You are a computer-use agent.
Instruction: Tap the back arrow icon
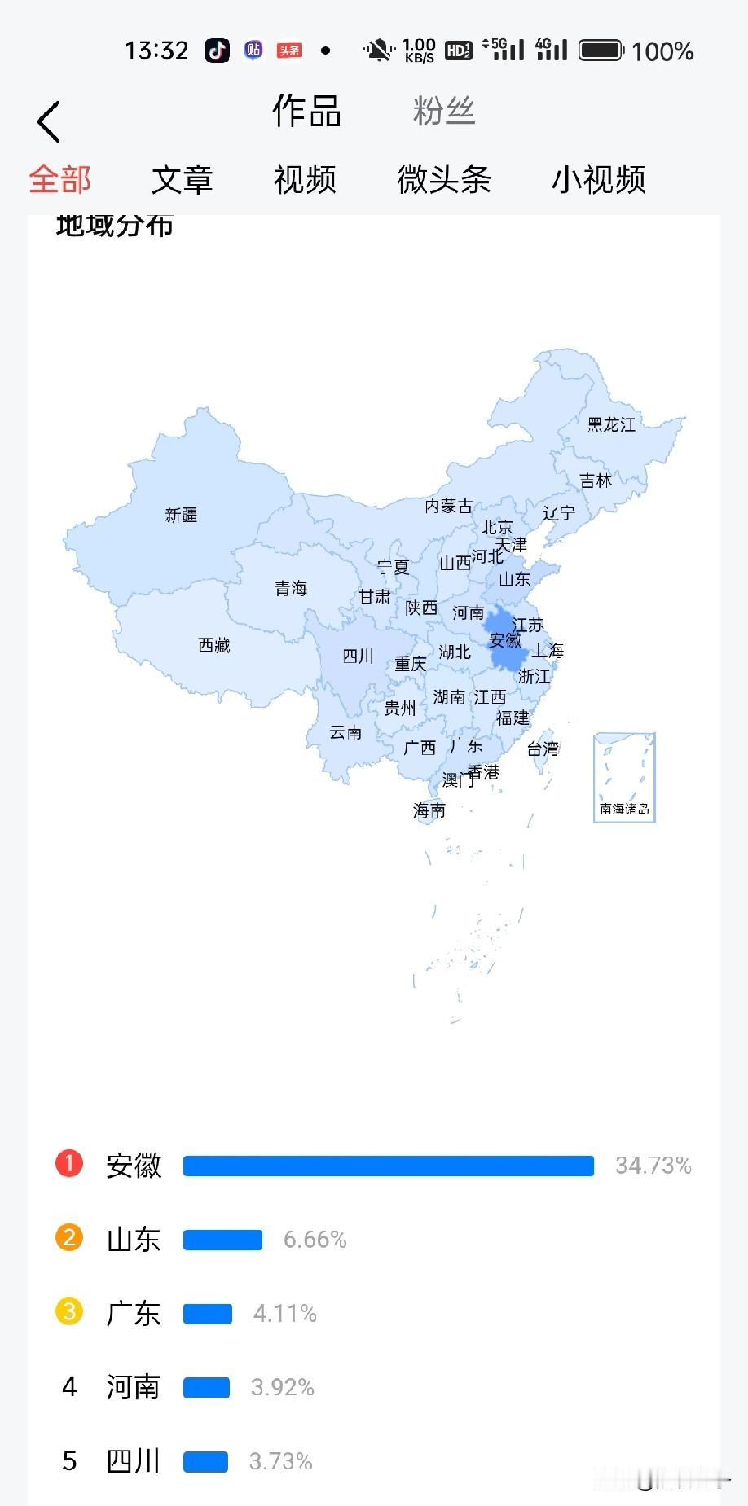(x=49, y=122)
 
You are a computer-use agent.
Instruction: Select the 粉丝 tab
(x=443, y=111)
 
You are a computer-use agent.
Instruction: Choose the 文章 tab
(x=182, y=179)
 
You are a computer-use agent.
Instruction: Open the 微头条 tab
(x=444, y=179)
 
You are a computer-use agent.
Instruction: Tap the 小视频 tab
(x=598, y=179)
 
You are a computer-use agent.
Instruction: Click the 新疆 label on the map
(x=181, y=515)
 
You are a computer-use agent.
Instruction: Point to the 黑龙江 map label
(x=611, y=424)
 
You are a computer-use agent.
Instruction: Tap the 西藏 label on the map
(x=214, y=645)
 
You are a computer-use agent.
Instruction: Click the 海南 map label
(x=429, y=810)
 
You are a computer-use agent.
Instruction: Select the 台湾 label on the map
(x=543, y=749)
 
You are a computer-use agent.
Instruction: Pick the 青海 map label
(x=291, y=588)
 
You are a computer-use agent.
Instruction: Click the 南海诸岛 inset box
(x=624, y=777)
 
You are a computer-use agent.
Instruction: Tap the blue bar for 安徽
(x=389, y=1166)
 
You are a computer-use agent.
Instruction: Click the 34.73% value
(x=653, y=1166)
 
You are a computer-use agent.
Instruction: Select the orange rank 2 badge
(x=69, y=1238)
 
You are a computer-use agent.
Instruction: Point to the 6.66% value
(x=315, y=1240)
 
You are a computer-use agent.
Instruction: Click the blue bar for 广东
(x=208, y=1314)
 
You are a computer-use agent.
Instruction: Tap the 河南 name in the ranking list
(x=133, y=1387)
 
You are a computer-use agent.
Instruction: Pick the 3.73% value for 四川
(x=280, y=1461)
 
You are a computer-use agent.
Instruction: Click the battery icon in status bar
(x=601, y=50)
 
